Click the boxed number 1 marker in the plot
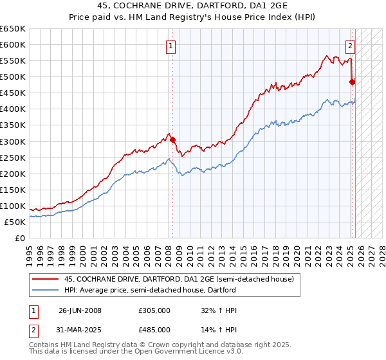pos(171,46)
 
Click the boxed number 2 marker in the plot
pos(351,46)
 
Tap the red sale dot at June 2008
pos(172,139)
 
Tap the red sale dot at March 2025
pos(352,82)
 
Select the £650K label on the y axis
pos(13,29)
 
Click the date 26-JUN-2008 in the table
pos(80,310)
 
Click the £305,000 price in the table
pos(154,310)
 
